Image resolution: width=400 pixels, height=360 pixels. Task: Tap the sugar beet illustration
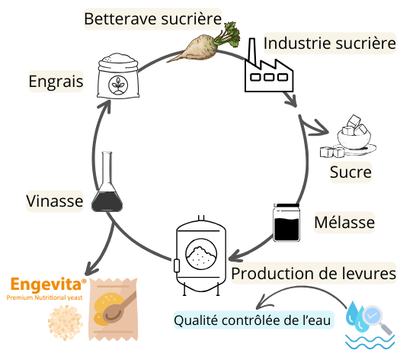[x=203, y=45]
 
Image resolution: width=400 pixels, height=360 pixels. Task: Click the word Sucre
[x=350, y=172]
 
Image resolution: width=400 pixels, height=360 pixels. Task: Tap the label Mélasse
[x=344, y=223]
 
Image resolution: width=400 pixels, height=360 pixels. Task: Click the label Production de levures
[x=313, y=273]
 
